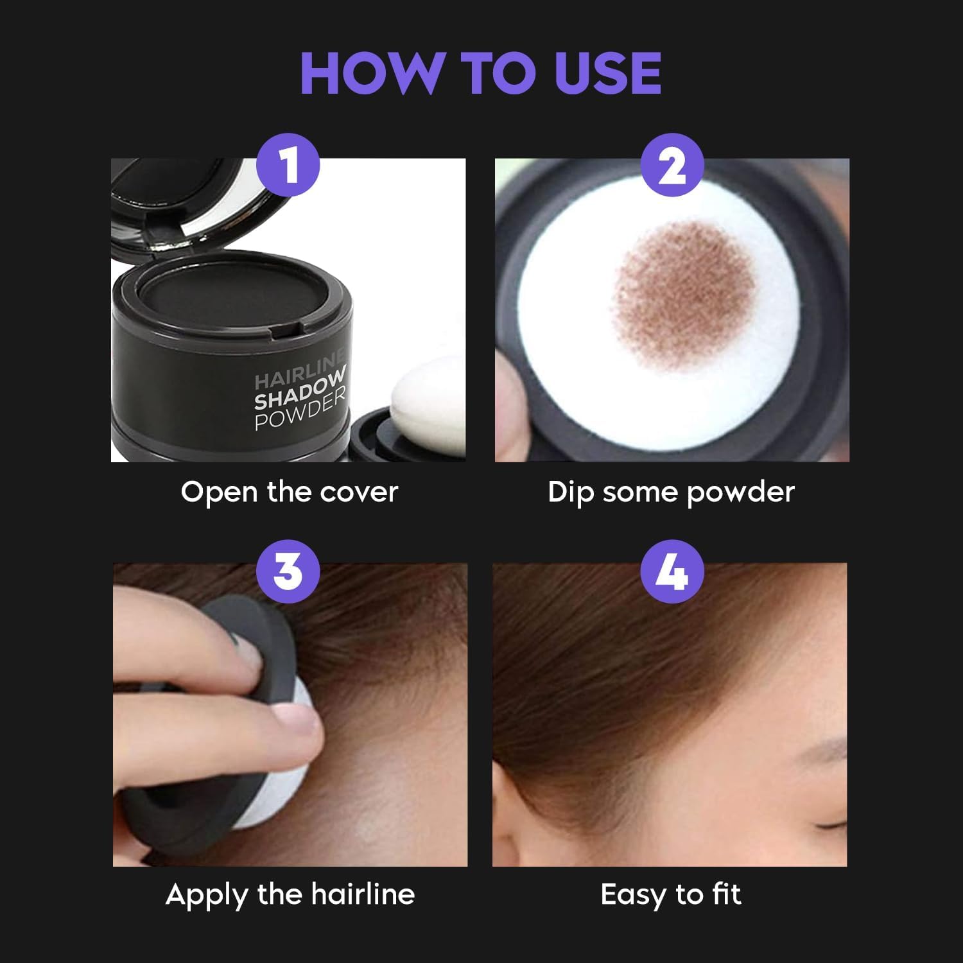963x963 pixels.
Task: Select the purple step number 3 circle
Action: point(288,571)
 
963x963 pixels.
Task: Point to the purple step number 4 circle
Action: point(672,571)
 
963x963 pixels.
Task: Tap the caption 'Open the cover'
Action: point(289,492)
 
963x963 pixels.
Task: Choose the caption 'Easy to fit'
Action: point(671,894)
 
